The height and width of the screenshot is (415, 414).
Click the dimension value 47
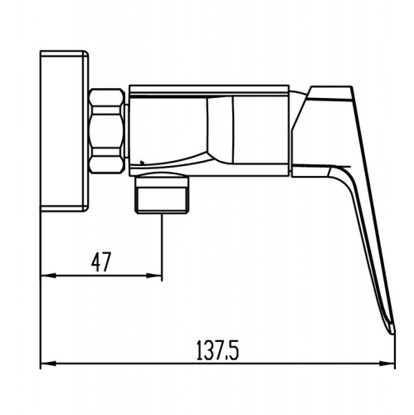pyautogui.click(x=101, y=261)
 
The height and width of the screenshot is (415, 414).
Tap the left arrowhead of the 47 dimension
pyautogui.click(x=48, y=276)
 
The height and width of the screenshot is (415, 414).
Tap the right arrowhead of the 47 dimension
pyautogui.click(x=153, y=276)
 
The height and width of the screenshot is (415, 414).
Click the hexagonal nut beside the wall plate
pyautogui.click(x=107, y=131)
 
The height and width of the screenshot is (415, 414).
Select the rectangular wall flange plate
pyautogui.click(x=64, y=131)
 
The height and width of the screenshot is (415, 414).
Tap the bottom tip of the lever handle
pyautogui.click(x=392, y=332)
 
